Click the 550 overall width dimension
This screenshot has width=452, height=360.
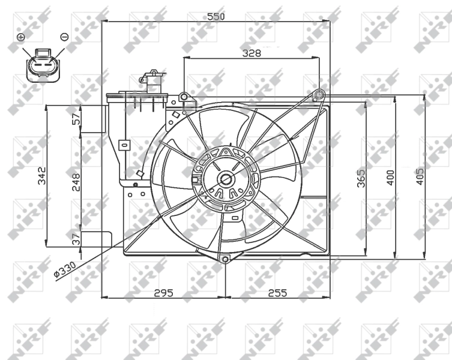pyautogui.click(x=216, y=17)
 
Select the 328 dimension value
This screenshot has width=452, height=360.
pyautogui.click(x=252, y=53)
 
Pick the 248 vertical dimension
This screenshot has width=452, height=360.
pyautogui.click(x=76, y=181)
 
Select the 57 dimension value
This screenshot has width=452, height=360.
pyautogui.click(x=76, y=119)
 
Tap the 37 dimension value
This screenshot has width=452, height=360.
pyautogui.click(x=76, y=238)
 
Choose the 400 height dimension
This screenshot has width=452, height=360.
pyautogui.click(x=390, y=178)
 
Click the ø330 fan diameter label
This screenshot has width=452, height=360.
pyautogui.click(x=64, y=272)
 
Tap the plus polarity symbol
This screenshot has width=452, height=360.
pyautogui.click(x=21, y=37)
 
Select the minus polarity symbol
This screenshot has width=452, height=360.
pyautogui.click(x=64, y=37)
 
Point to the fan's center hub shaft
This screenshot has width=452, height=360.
pyautogui.click(x=226, y=178)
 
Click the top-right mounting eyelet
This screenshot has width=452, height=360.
pyautogui.click(x=320, y=94)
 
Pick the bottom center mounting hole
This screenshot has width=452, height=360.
pyautogui.click(x=225, y=260)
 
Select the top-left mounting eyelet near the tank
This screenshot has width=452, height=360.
pyautogui.click(x=184, y=97)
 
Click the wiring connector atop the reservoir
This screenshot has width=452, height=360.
pyautogui.click(x=153, y=81)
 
